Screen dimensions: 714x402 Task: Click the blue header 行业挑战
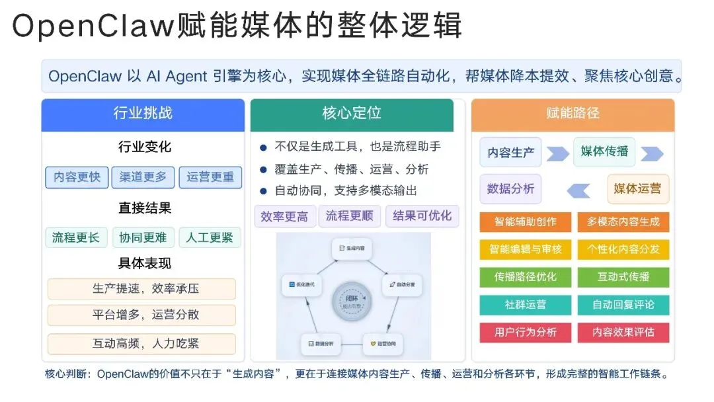tap(143, 113)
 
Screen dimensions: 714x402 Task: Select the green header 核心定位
tap(352, 113)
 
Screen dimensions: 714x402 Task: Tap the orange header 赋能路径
tap(573, 113)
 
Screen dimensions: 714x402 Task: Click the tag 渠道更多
tap(143, 177)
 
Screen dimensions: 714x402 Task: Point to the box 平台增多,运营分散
tap(142, 315)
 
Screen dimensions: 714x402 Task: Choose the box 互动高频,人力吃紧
tap(142, 344)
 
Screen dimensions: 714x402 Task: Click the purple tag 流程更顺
tap(350, 216)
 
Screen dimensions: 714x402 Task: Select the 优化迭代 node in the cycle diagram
tap(301, 284)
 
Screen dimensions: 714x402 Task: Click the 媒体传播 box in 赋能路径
tap(604, 151)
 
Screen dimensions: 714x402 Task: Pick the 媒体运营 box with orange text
tap(637, 188)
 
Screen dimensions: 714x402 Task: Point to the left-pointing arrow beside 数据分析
tap(578, 190)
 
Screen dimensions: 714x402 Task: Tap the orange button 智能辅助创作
tap(526, 221)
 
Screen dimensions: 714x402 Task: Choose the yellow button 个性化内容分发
tap(623, 249)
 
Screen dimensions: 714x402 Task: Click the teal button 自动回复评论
tap(623, 305)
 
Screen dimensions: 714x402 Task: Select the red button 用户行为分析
tap(526, 332)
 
